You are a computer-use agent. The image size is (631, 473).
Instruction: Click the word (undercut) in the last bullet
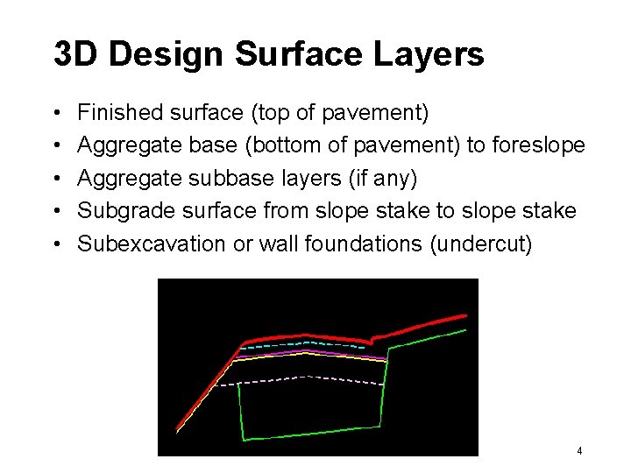481,244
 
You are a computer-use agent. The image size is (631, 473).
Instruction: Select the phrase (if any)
383,178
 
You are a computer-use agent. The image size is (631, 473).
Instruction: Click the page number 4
579,450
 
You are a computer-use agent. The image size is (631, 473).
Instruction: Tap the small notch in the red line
373,337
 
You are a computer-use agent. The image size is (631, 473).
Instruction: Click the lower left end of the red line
179,428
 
